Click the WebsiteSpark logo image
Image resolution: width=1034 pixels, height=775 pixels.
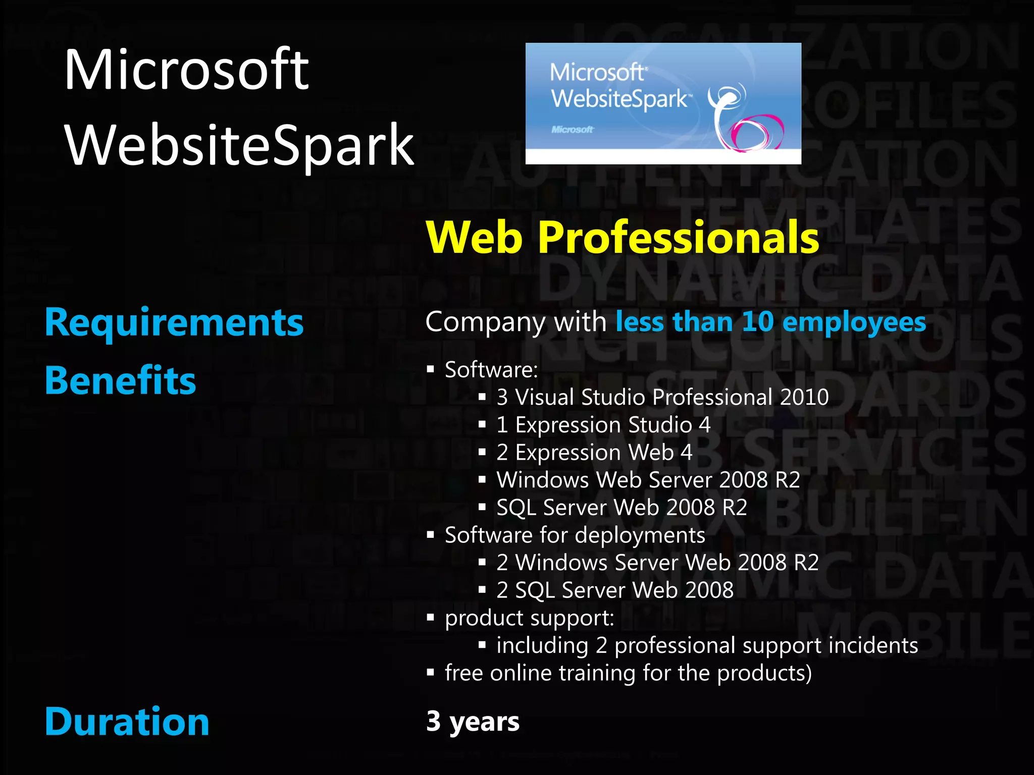pyautogui.click(x=663, y=103)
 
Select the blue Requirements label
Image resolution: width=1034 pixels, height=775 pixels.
pyautogui.click(x=174, y=323)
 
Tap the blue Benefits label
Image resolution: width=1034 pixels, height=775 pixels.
pyautogui.click(x=120, y=380)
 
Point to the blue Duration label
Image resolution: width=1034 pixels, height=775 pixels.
pyautogui.click(x=127, y=722)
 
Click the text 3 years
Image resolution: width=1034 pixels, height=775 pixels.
pyautogui.click(x=473, y=722)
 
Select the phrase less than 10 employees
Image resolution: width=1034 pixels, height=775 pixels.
pyautogui.click(x=770, y=322)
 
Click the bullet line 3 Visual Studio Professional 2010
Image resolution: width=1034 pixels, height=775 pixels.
pyautogui.click(x=662, y=397)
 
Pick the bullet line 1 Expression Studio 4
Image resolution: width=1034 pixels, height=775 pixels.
pyautogui.click(x=603, y=425)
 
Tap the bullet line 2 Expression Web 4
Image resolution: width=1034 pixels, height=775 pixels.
pyautogui.click(x=594, y=452)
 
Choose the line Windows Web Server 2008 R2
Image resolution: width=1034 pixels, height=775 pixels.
pyautogui.click(x=648, y=480)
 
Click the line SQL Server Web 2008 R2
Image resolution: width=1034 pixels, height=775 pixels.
pyautogui.click(x=622, y=508)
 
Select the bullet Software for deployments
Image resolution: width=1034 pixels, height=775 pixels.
pyautogui.click(x=575, y=535)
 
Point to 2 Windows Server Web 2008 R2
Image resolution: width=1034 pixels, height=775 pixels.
pyautogui.click(x=657, y=563)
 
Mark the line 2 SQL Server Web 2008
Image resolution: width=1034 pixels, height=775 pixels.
pyautogui.click(x=614, y=590)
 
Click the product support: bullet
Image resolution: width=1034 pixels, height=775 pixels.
pyautogui.click(x=529, y=618)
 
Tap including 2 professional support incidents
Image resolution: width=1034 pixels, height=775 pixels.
pyautogui.click(x=707, y=646)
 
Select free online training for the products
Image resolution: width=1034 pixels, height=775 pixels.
pyautogui.click(x=628, y=673)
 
